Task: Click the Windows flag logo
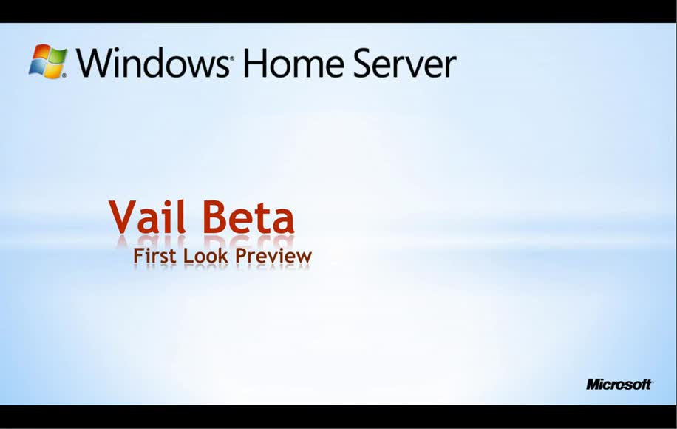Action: (48, 61)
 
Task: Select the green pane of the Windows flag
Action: (58, 56)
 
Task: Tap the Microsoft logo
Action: (619, 384)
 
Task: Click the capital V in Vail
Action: (123, 217)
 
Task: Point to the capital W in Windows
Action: (93, 63)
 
